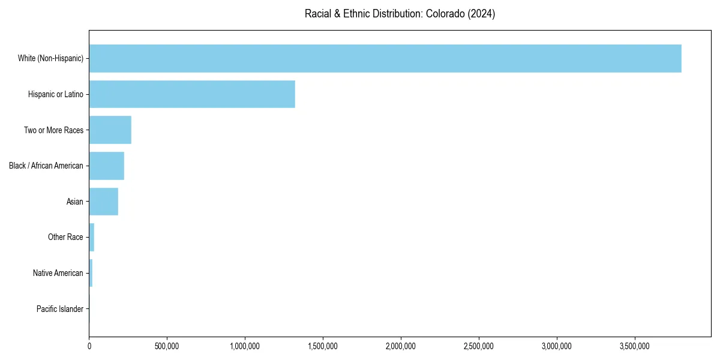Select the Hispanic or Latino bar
pyautogui.click(x=192, y=94)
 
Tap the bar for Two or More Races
pyautogui.click(x=110, y=130)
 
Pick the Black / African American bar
pyautogui.click(x=107, y=166)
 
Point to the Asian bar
pyautogui.click(x=104, y=202)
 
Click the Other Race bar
pyautogui.click(x=92, y=237)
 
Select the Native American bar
pyautogui.click(x=91, y=273)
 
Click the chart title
pyautogui.click(x=400, y=14)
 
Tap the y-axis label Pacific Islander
pyautogui.click(x=60, y=309)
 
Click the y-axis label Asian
pyautogui.click(x=75, y=202)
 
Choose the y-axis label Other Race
pyautogui.click(x=65, y=237)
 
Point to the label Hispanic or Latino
pyautogui.click(x=56, y=94)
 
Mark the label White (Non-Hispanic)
pyautogui.click(x=50, y=58)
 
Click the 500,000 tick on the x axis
pyautogui.click(x=167, y=346)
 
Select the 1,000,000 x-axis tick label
pyautogui.click(x=245, y=346)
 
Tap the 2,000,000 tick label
pyautogui.click(x=401, y=346)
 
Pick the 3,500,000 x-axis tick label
pyautogui.click(x=635, y=346)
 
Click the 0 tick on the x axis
pyautogui.click(x=89, y=346)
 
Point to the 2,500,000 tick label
pyautogui.click(x=479, y=346)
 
